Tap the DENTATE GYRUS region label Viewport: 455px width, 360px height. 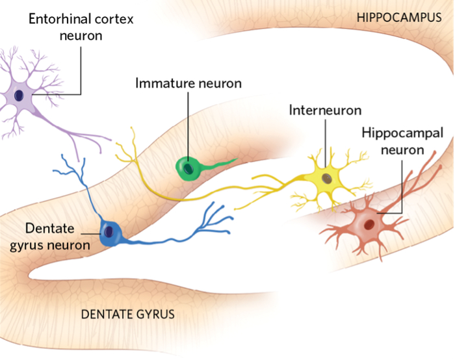[127, 315]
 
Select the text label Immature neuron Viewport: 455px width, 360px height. [188, 83]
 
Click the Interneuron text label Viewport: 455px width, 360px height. [325, 110]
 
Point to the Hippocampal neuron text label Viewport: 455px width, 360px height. [402, 142]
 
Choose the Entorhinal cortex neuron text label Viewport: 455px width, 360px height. [81, 27]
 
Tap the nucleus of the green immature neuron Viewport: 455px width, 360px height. [188, 168]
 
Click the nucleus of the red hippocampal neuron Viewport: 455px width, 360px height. [369, 225]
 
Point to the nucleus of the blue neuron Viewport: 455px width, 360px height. [108, 230]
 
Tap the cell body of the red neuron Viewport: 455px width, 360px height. [368, 225]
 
